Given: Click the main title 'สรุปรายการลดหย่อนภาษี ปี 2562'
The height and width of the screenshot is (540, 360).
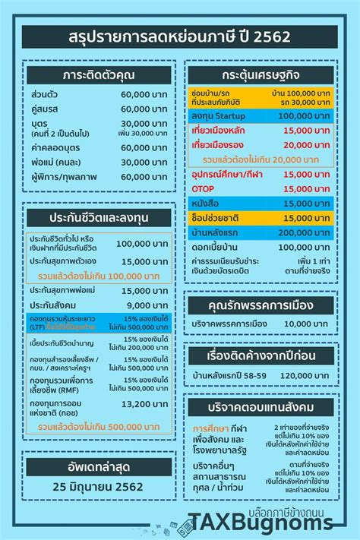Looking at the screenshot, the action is point(179,36).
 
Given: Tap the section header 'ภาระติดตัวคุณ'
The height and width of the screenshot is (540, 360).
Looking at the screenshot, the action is point(96,76).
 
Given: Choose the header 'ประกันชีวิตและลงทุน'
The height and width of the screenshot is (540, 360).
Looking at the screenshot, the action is point(96,219).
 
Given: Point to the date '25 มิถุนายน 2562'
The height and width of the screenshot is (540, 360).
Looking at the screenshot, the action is point(96,486).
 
